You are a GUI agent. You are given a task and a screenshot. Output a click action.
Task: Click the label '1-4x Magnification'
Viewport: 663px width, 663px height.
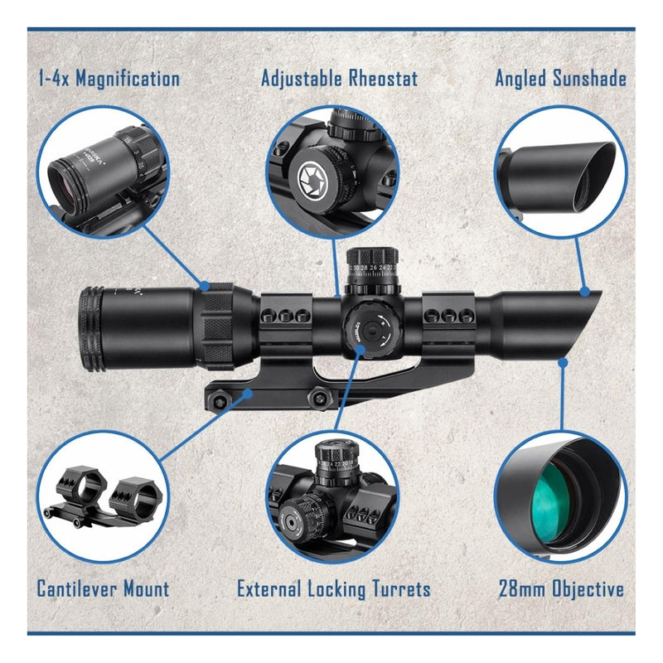(108, 80)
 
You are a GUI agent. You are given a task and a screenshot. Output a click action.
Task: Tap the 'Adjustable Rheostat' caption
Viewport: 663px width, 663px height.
(339, 79)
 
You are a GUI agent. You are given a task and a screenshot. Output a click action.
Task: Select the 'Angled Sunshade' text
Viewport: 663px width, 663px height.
(560, 80)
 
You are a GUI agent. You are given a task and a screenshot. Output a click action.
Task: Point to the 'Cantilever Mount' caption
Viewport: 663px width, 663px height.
(103, 589)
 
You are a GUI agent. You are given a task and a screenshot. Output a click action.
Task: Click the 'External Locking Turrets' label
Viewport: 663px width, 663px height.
(333, 589)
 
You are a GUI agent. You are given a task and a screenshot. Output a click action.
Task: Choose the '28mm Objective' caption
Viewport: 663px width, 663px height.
(560, 589)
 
